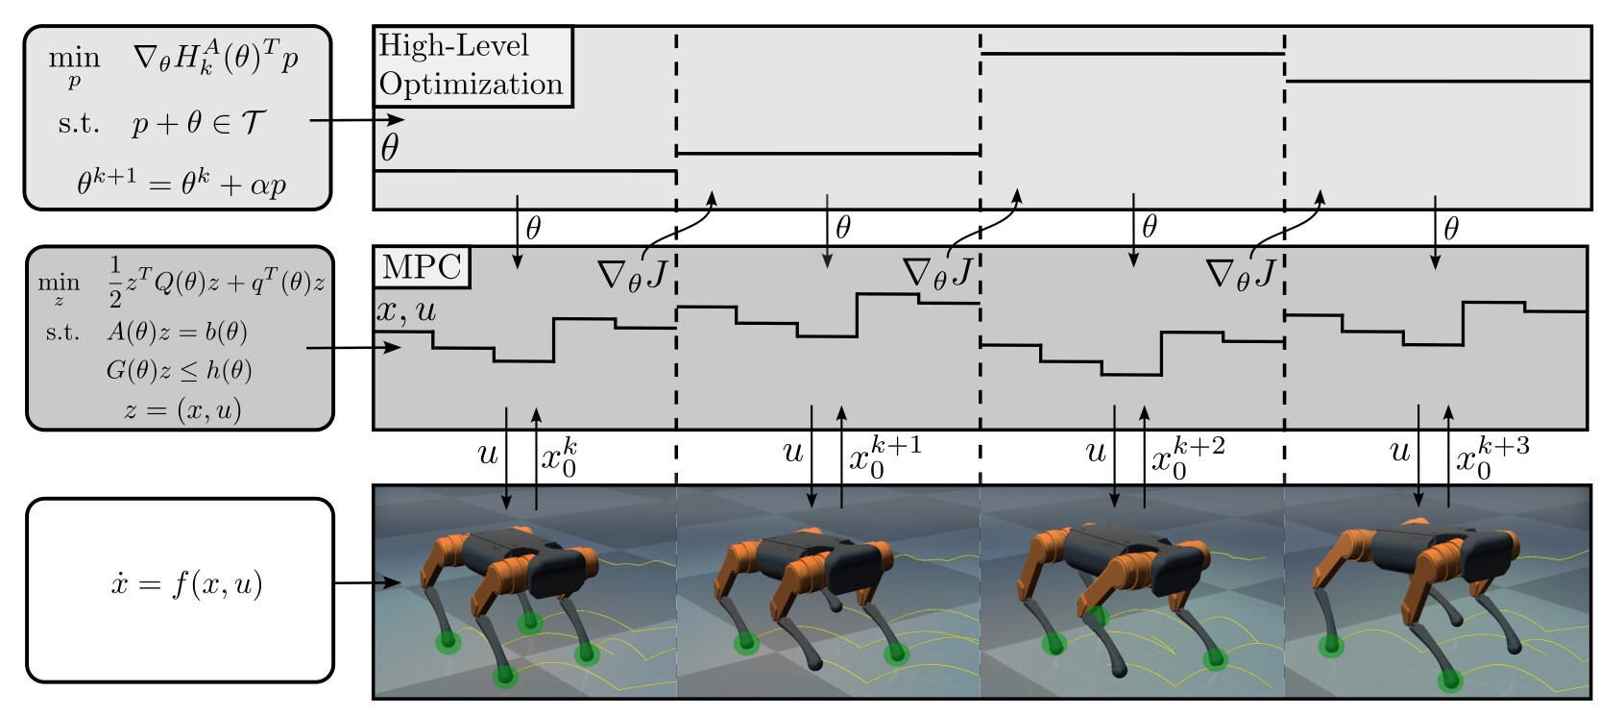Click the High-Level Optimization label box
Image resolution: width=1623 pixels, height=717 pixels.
click(x=472, y=66)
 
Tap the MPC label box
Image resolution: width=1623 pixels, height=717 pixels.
click(x=422, y=267)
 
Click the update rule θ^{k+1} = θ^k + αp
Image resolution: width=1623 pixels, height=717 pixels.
click(x=182, y=182)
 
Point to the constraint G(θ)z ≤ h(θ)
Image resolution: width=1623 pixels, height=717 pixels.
click(x=179, y=370)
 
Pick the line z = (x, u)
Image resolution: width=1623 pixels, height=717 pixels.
click(x=182, y=409)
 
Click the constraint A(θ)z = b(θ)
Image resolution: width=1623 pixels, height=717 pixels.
click(x=177, y=332)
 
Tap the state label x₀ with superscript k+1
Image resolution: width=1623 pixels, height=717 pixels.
click(x=884, y=457)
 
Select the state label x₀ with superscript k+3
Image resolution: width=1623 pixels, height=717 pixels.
click(x=1492, y=457)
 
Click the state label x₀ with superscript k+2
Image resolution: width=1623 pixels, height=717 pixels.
click(x=1188, y=457)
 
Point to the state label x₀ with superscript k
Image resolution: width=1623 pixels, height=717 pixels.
click(x=559, y=457)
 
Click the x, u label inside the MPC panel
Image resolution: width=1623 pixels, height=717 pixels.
click(x=405, y=310)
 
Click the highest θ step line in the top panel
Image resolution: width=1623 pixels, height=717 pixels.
click(x=1132, y=54)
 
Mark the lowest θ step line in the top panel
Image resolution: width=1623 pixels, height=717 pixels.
click(x=525, y=171)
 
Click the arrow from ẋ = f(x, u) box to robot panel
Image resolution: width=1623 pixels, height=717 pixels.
click(x=368, y=582)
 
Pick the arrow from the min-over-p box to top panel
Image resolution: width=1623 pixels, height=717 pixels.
click(x=357, y=119)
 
